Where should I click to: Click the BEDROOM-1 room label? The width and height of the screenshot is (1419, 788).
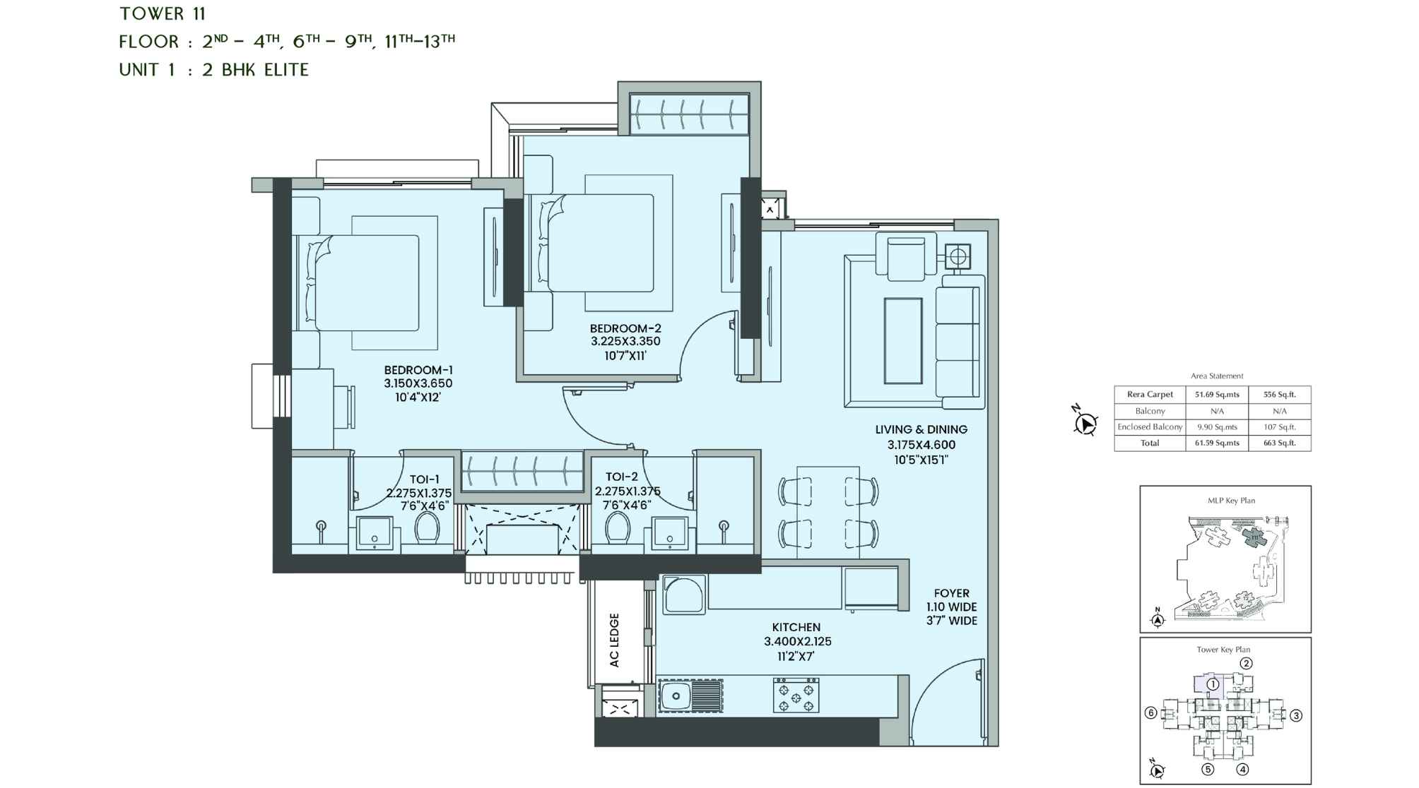coord(418,371)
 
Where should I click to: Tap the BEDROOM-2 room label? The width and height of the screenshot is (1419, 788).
coord(625,328)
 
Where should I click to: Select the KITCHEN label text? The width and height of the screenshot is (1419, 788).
coord(796,627)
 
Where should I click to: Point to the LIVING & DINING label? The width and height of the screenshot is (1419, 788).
coord(921,429)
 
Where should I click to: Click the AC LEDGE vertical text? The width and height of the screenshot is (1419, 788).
coord(614,640)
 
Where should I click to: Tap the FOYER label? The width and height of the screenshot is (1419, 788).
coord(951,593)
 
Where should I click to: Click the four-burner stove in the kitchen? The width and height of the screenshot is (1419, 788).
coord(796,695)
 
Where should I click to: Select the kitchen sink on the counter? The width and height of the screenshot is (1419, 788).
coord(676,696)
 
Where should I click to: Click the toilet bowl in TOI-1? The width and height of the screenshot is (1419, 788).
coord(427,527)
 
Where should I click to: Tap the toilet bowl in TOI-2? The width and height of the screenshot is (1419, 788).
coord(618,527)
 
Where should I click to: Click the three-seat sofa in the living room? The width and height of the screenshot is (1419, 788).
coord(958,341)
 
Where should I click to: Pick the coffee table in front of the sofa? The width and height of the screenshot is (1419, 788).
coord(902,341)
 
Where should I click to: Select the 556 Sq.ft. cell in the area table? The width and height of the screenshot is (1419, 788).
coord(1279,395)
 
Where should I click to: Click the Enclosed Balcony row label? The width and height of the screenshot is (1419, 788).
coord(1150,427)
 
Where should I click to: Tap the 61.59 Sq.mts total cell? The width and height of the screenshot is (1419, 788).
coord(1217,443)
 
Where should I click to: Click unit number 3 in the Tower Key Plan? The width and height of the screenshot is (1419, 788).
coord(1295,715)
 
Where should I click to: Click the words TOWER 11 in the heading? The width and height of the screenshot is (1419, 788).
coord(163,13)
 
